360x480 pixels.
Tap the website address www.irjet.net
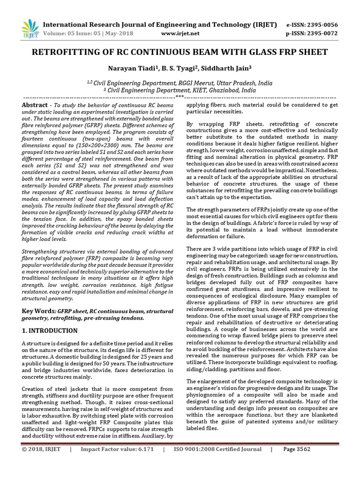pyautogui.click(x=180, y=33)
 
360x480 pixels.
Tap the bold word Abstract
pyautogui.click(x=35, y=105)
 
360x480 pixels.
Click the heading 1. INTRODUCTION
pyautogui.click(x=50, y=330)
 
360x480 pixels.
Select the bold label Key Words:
pyautogui.click(x=39, y=311)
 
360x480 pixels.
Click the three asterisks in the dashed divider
pyautogui.click(x=180, y=97)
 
